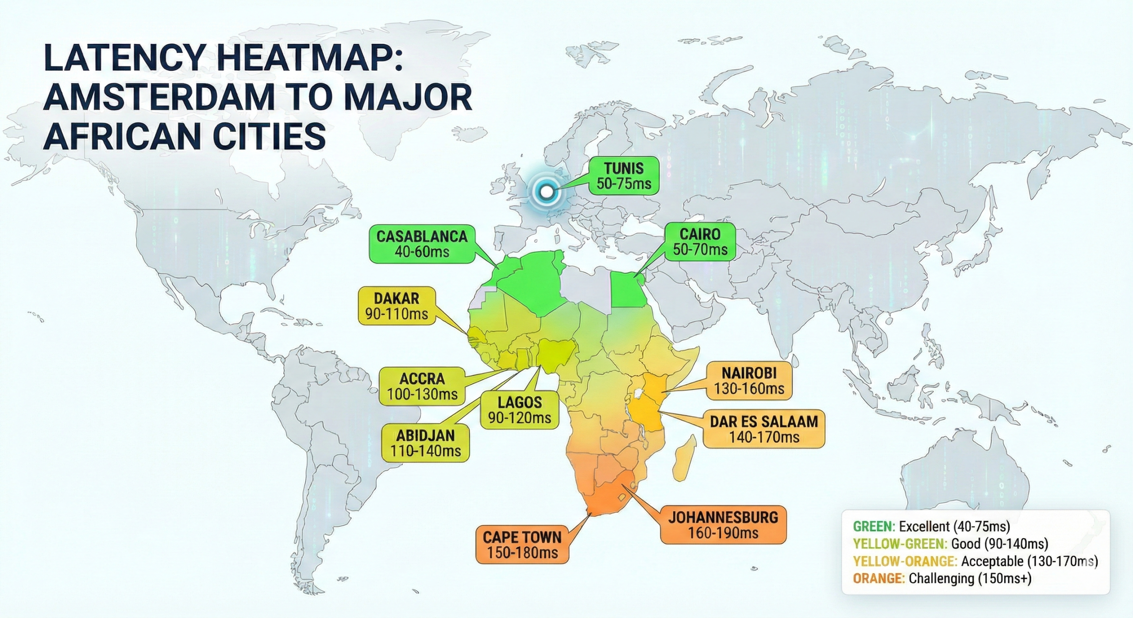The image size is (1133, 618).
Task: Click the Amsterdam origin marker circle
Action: tap(547, 192)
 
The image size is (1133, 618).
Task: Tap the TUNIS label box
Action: tap(624, 176)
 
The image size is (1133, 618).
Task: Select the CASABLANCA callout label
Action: tap(422, 244)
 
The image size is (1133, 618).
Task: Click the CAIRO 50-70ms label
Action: tap(700, 242)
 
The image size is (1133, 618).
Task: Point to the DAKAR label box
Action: tap(397, 306)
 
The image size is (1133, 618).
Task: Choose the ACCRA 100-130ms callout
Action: tap(422, 386)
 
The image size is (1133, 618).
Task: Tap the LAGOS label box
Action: tap(520, 409)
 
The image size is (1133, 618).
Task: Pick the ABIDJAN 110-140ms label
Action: tap(425, 443)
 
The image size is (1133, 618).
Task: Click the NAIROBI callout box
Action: tap(749, 380)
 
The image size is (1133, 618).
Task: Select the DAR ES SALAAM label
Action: tap(764, 429)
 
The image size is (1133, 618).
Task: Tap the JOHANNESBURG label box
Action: tap(723, 525)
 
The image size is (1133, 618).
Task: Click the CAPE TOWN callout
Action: tap(522, 545)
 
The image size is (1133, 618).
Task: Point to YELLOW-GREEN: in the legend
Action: tap(900, 544)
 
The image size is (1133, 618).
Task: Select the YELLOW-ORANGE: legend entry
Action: tap(905, 561)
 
